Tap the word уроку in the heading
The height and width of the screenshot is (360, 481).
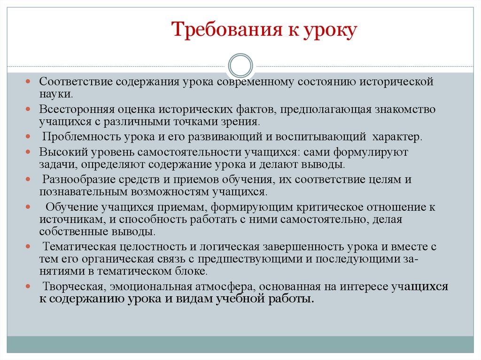pyautogui.click(x=332, y=31)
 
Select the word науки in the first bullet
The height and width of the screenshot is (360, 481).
pyautogui.click(x=55, y=94)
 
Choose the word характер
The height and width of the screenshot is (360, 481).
pyautogui.click(x=398, y=137)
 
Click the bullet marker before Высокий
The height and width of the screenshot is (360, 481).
pyautogui.click(x=29, y=153)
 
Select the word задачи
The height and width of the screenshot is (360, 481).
pyautogui.click(x=55, y=165)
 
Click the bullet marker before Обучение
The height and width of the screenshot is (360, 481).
pyautogui.click(x=29, y=207)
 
